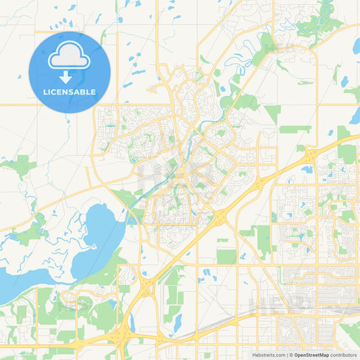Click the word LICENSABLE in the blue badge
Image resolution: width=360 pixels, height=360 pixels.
pyautogui.click(x=69, y=92)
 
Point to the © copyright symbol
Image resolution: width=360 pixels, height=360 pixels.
pyautogui.click(x=290, y=355)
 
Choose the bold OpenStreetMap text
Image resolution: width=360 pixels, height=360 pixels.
pyautogui.click(x=312, y=355)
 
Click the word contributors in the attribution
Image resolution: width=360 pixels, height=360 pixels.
pyautogui.click(x=344, y=355)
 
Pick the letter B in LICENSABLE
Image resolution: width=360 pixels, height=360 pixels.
pyautogui.click(x=82, y=92)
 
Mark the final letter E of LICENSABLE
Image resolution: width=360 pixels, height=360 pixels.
pyautogui.click(x=93, y=92)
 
